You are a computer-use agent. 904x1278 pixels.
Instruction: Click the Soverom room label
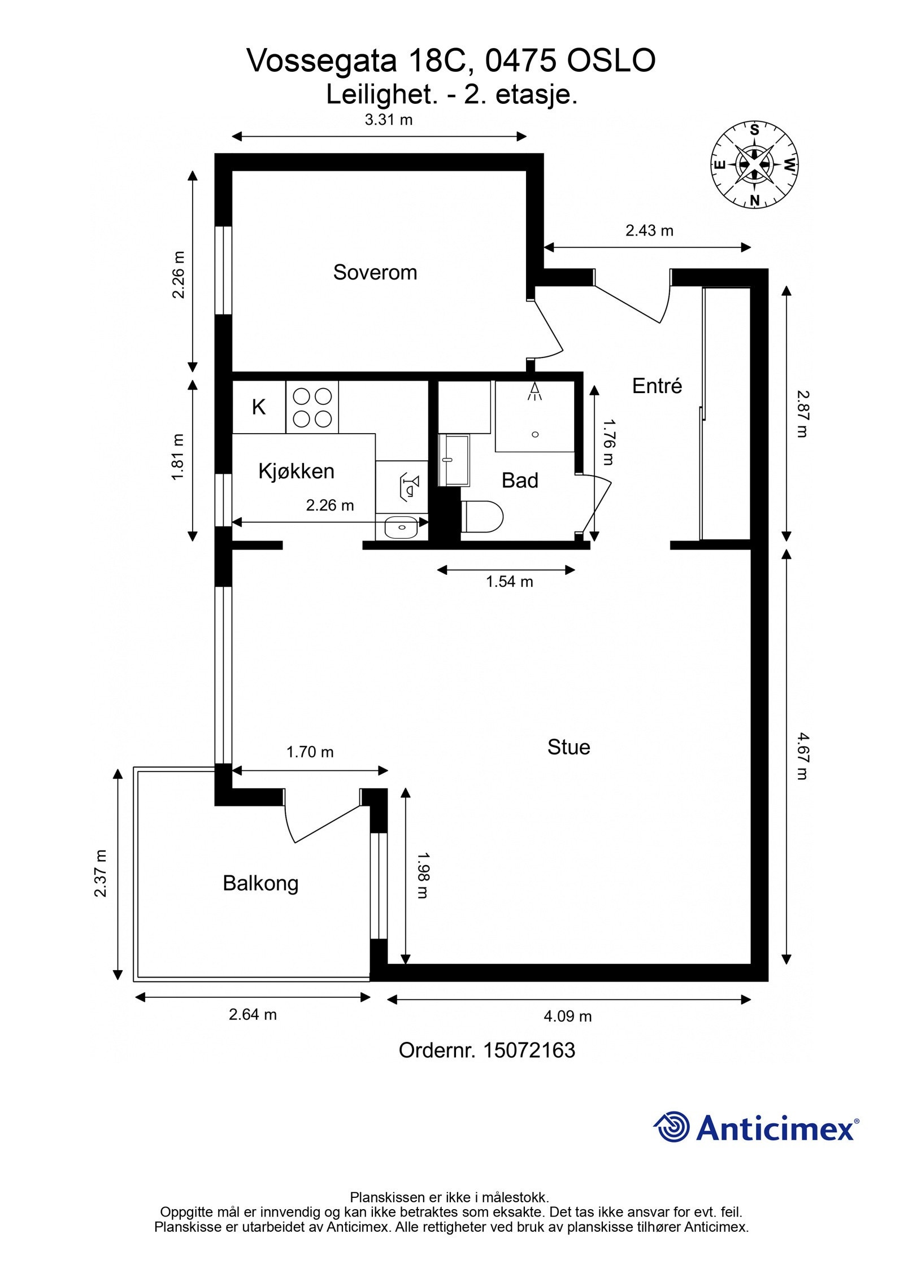coord(375,272)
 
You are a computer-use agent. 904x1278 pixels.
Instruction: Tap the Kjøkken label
coord(296,471)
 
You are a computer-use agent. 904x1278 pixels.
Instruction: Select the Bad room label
coord(520,481)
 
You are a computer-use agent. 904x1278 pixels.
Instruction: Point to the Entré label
coord(657,386)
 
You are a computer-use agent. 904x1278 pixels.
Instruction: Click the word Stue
coord(568,747)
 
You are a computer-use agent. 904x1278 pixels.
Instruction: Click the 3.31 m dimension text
coord(388,120)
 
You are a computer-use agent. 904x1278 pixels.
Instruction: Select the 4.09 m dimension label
coord(568,1017)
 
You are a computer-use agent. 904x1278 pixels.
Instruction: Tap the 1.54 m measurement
coord(510,581)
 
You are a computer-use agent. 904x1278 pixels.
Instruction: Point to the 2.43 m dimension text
coord(649,230)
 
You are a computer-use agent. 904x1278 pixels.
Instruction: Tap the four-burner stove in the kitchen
coord(312,407)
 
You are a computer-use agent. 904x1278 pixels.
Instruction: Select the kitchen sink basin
coord(402,527)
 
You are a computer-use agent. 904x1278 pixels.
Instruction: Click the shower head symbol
coord(534,392)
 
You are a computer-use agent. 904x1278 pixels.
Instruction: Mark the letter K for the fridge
coord(259,407)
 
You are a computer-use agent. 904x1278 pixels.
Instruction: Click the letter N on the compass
coord(755,199)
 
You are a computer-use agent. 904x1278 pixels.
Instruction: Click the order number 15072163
coord(529,1050)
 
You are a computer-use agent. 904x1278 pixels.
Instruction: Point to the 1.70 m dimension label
coord(310,752)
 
